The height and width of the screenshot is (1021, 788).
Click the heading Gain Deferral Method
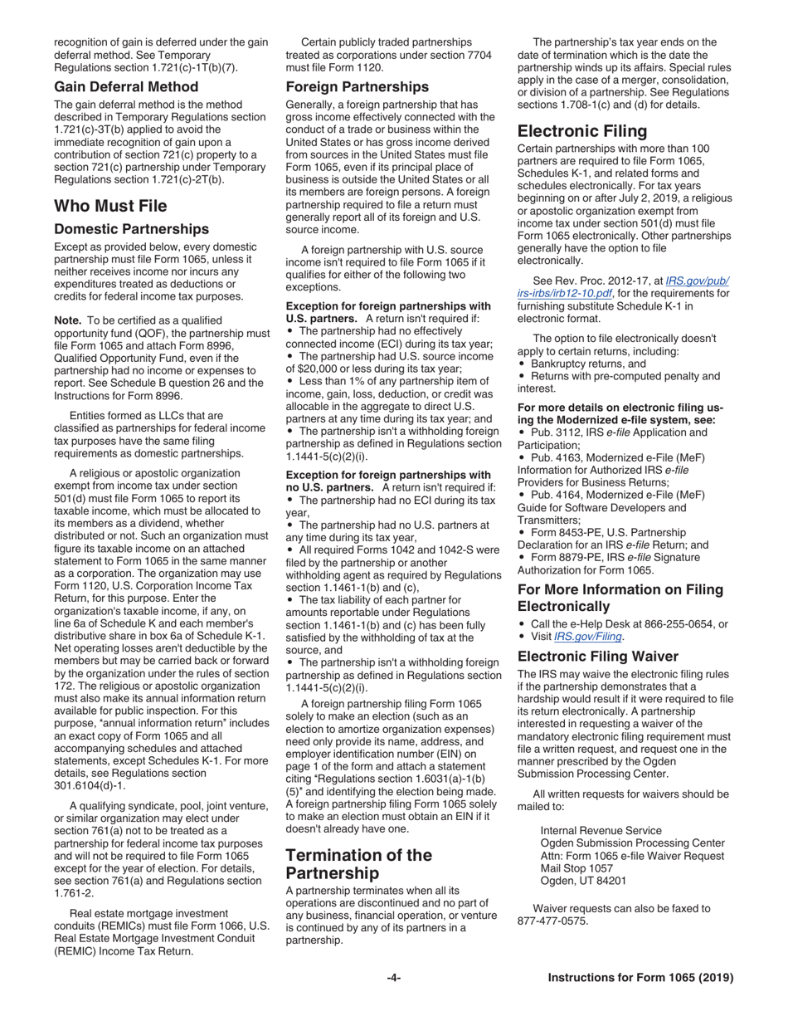[x=126, y=86]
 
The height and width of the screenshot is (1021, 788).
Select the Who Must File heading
[x=110, y=206]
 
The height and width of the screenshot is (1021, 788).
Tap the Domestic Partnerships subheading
[x=131, y=229]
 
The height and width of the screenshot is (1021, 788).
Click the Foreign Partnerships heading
[x=358, y=86]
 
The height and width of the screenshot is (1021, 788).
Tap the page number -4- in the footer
[x=394, y=978]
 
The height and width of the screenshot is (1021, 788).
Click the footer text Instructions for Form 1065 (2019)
[x=640, y=978]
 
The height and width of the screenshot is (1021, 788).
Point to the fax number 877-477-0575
[x=552, y=921]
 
